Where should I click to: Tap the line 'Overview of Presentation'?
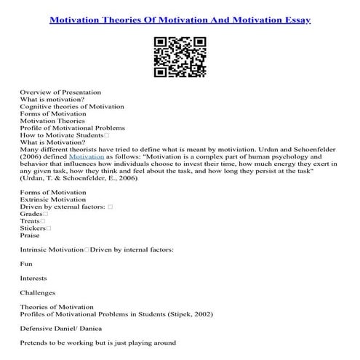pos(60,93)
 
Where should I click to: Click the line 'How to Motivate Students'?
pos(62,135)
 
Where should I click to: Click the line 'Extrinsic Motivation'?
pos(52,199)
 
